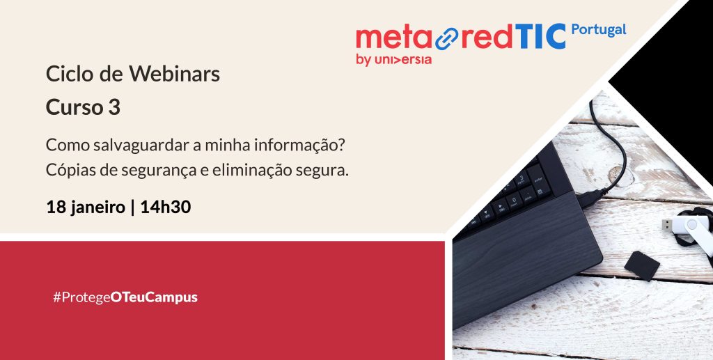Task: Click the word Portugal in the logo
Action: pyautogui.click(x=598, y=31)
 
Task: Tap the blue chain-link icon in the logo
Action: pyautogui.click(x=447, y=38)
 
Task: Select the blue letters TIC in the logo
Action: pyautogui.click(x=540, y=37)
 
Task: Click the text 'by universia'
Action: pyautogui.click(x=394, y=60)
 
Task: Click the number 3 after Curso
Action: pyautogui.click(x=114, y=108)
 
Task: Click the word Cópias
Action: pyautogui.click(x=70, y=171)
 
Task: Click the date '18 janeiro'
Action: pyautogui.click(x=86, y=208)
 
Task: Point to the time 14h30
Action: pyautogui.click(x=166, y=208)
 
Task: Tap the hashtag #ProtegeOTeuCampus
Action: pyautogui.click(x=125, y=298)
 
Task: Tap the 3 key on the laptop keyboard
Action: pyautogui.click(x=522, y=179)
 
